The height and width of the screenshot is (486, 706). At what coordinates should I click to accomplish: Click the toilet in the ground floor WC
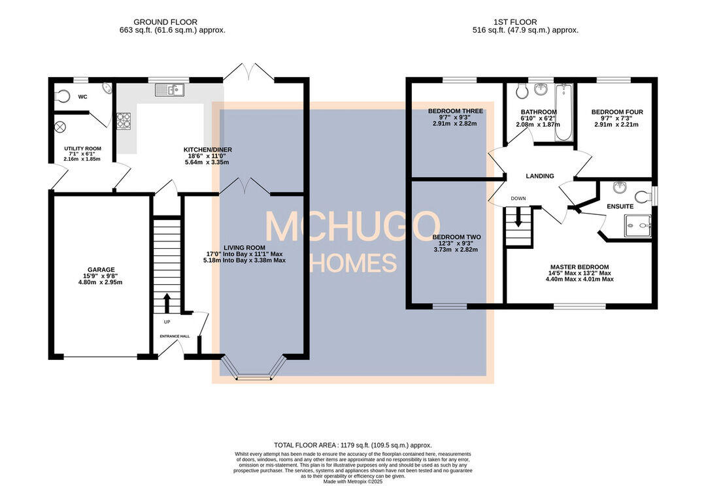pos(61,96)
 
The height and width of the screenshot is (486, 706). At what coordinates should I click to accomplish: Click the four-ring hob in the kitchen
pos(124,120)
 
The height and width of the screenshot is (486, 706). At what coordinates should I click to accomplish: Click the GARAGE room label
pos(101,269)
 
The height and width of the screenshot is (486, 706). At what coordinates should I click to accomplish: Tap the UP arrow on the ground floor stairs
pos(166,302)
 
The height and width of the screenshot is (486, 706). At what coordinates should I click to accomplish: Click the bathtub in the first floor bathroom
pos(563,112)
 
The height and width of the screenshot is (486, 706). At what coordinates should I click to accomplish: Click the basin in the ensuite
pos(620,187)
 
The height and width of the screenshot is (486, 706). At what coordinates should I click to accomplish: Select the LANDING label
pos(540,176)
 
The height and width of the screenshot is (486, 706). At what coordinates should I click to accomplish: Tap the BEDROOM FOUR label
pos(617,112)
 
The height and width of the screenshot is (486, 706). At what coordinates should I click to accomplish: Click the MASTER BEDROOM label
pos(579,267)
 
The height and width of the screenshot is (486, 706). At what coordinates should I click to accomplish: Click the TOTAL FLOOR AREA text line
pos(353,444)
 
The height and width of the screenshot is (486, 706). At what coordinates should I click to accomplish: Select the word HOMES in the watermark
pos(352,263)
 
